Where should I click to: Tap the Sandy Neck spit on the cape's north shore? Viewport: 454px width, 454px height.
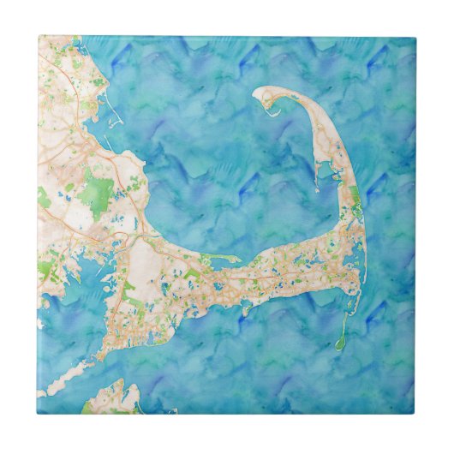221,259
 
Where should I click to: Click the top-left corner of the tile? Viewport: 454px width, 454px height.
38,36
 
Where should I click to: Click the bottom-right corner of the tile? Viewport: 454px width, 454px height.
416,415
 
